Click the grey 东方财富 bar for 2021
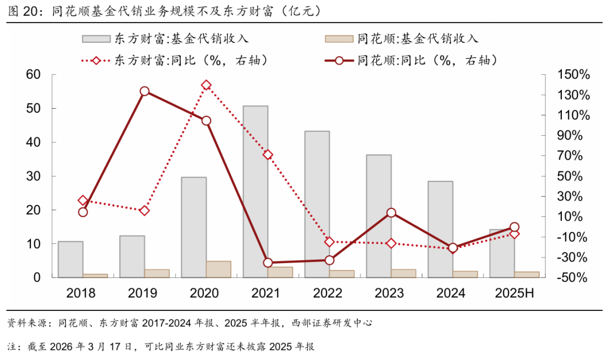[x=256, y=192]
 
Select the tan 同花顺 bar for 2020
[x=218, y=269]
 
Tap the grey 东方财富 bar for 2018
[x=70, y=259]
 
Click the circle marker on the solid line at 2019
[x=145, y=91]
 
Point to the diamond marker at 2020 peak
[x=206, y=86]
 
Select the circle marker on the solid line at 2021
[x=268, y=263]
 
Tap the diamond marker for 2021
[x=268, y=154]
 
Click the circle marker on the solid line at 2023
[x=391, y=213]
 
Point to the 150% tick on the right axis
[x=573, y=75]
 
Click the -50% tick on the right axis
[x=573, y=278]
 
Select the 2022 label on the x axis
[x=328, y=294]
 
